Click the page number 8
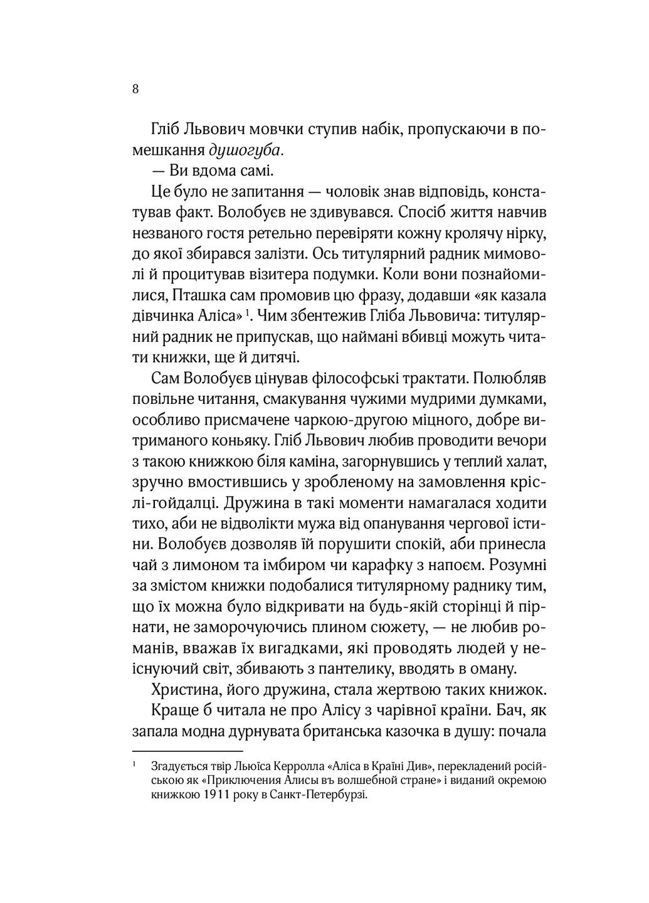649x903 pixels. point(135,88)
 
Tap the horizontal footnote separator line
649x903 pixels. point(187,750)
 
